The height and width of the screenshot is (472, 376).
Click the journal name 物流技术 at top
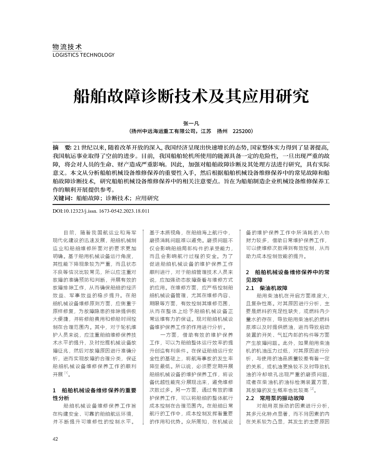point(67,47)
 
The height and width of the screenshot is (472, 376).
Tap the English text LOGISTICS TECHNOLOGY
point(84,55)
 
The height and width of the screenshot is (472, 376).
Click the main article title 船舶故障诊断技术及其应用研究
point(191,97)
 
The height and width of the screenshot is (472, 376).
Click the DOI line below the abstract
point(101,211)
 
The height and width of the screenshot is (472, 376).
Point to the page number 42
point(56,439)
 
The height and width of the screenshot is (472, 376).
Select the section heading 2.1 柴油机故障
point(267,288)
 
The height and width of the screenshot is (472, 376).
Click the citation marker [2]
point(312,389)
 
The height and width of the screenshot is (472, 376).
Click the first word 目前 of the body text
point(69,233)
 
